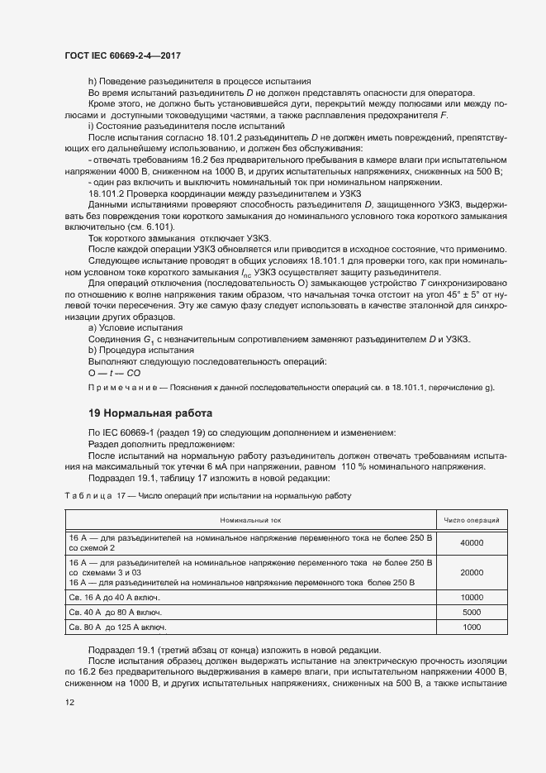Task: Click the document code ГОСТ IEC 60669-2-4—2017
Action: point(122,55)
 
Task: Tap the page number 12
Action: point(70,703)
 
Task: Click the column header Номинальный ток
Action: point(250,520)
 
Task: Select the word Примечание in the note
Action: point(117,388)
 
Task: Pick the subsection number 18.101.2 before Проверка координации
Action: point(110,193)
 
